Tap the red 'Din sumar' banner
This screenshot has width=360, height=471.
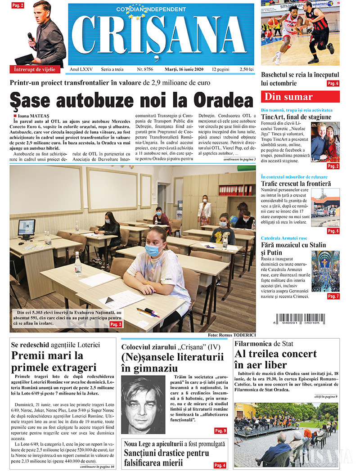point(300,97)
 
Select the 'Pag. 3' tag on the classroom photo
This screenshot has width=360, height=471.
point(116,324)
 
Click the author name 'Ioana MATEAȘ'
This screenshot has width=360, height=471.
point(34,116)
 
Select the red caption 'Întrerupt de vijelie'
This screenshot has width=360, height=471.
point(35,69)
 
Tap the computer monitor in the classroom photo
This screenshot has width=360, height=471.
point(27,228)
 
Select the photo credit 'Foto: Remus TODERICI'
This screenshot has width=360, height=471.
point(232,335)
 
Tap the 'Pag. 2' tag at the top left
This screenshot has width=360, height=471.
point(18,5)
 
